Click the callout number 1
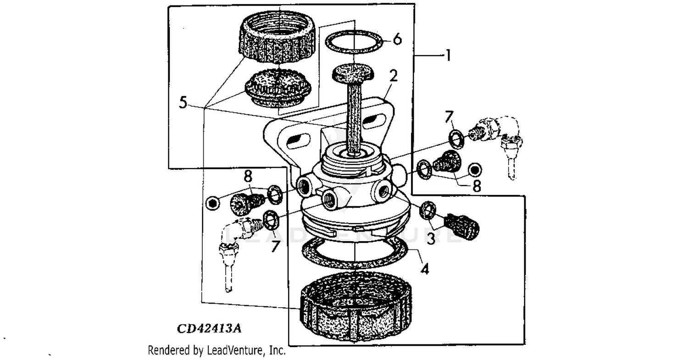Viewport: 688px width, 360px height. (x=448, y=56)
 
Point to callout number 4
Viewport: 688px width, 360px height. (x=425, y=269)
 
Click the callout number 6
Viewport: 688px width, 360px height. (x=397, y=39)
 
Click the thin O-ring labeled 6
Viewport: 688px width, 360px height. (x=354, y=43)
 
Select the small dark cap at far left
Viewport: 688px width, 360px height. (x=212, y=202)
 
